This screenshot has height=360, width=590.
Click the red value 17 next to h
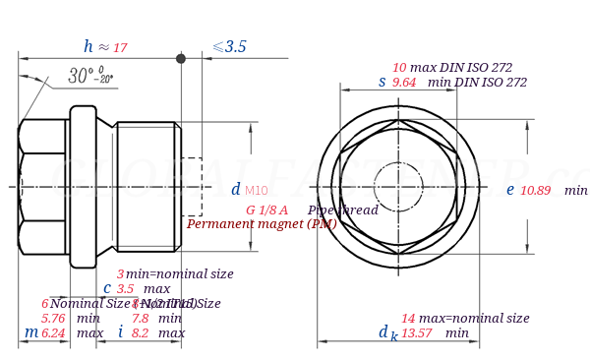coord(120,48)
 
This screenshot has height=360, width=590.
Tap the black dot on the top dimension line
coord(181,59)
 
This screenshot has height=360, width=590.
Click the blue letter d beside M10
coord(235,190)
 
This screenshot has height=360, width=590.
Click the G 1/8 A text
coord(266,210)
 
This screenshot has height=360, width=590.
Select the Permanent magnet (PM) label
coord(262,224)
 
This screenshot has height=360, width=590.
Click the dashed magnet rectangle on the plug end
coord(192,186)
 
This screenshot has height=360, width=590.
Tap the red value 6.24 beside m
coord(53,333)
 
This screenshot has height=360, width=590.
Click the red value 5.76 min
coord(53,319)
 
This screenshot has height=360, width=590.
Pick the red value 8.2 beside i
coord(140,333)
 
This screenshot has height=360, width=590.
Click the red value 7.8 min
coord(140,319)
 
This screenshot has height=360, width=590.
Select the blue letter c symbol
coord(106,288)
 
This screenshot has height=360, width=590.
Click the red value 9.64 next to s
coord(404,83)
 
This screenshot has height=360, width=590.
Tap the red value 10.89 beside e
coord(535,191)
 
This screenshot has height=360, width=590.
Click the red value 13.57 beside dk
coord(417,333)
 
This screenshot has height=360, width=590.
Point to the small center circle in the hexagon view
coord(399,185)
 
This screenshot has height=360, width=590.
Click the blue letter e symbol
coord(509,190)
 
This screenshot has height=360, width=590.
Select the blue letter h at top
coord(88,46)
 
